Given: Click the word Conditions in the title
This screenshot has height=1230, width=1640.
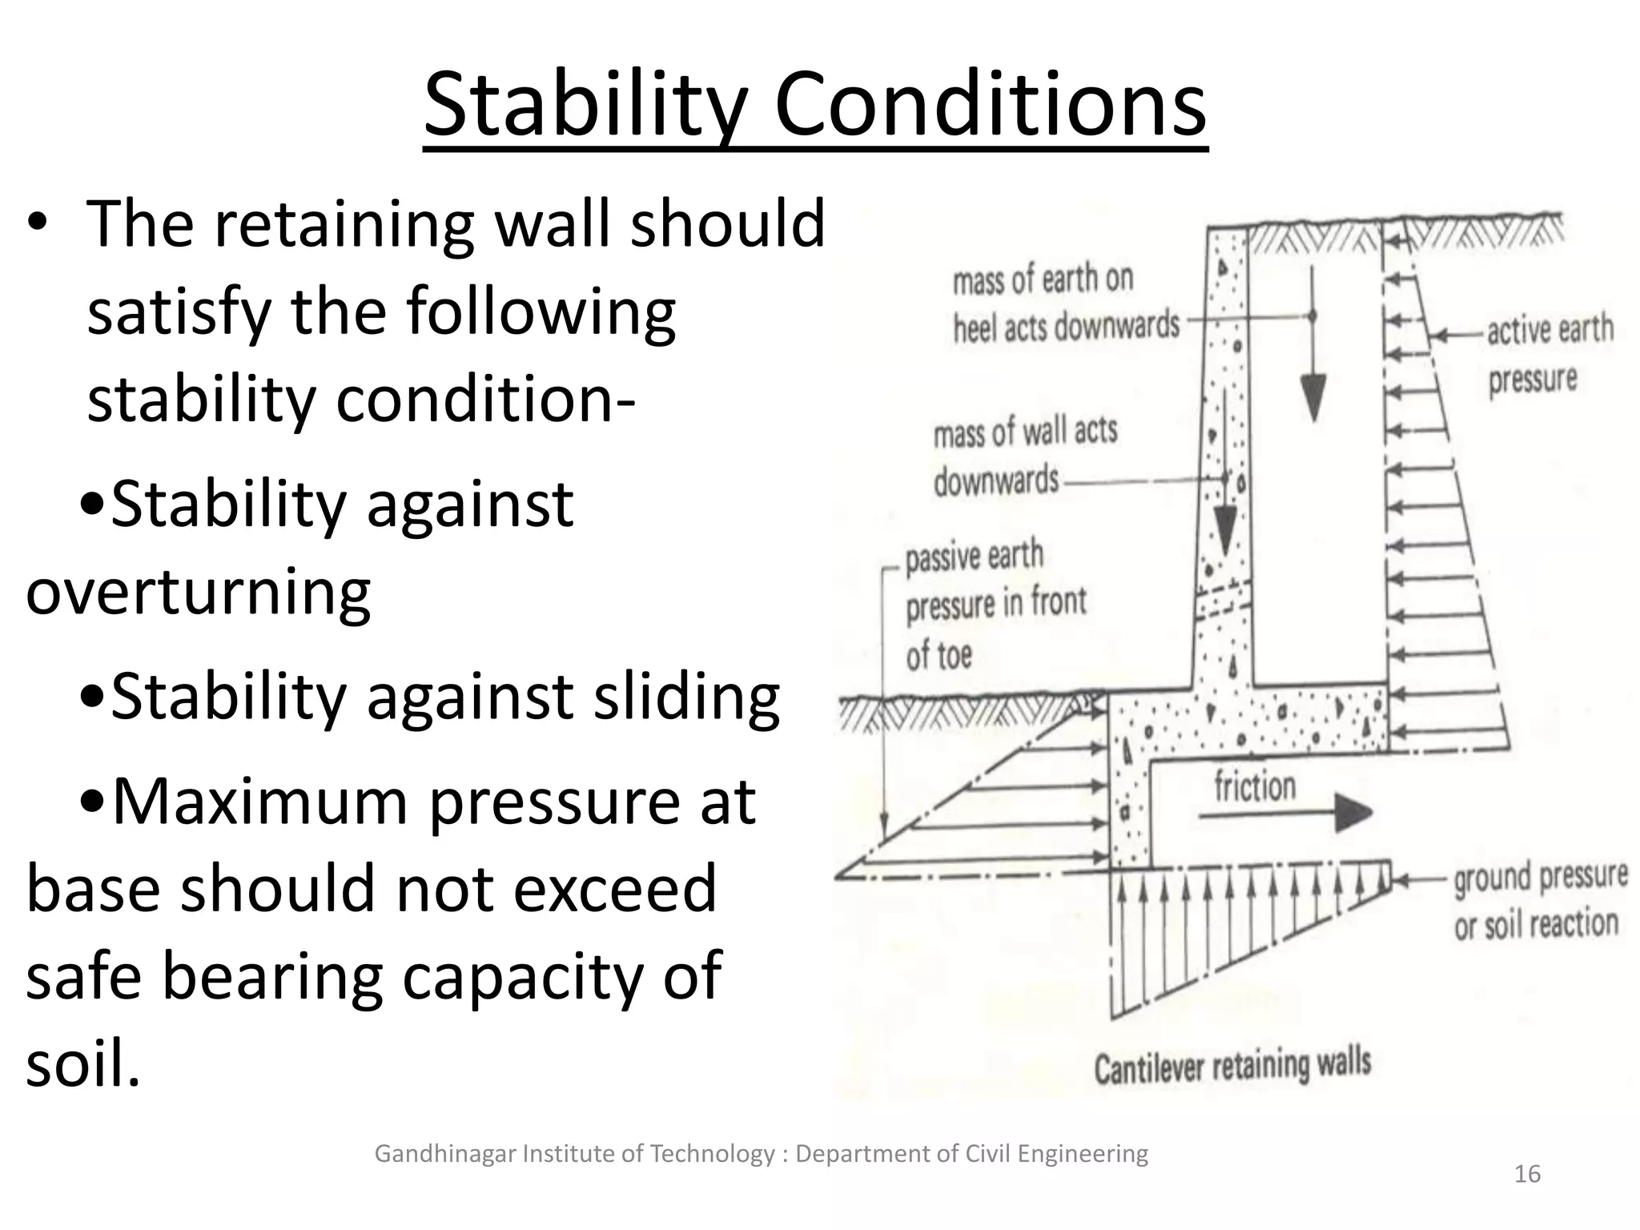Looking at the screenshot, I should (991, 107).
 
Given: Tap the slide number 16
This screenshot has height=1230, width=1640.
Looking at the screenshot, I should (1527, 1174).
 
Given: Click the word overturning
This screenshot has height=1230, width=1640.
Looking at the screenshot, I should (198, 593).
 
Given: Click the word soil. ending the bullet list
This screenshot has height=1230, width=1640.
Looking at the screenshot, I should (83, 1063).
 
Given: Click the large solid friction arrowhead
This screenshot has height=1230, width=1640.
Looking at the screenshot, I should (1352, 814).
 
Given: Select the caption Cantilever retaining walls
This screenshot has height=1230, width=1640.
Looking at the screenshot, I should (1232, 1066).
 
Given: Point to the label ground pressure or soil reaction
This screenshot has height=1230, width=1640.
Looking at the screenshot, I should (1539, 901).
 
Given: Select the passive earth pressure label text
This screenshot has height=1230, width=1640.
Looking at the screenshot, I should (995, 605).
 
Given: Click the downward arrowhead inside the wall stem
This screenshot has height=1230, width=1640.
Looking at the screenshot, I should (1224, 530).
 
